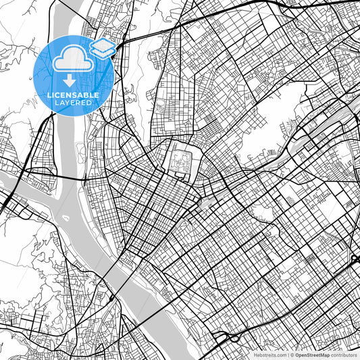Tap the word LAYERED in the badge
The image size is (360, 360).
74,105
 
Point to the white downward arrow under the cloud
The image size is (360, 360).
70,82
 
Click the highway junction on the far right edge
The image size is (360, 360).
355,259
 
